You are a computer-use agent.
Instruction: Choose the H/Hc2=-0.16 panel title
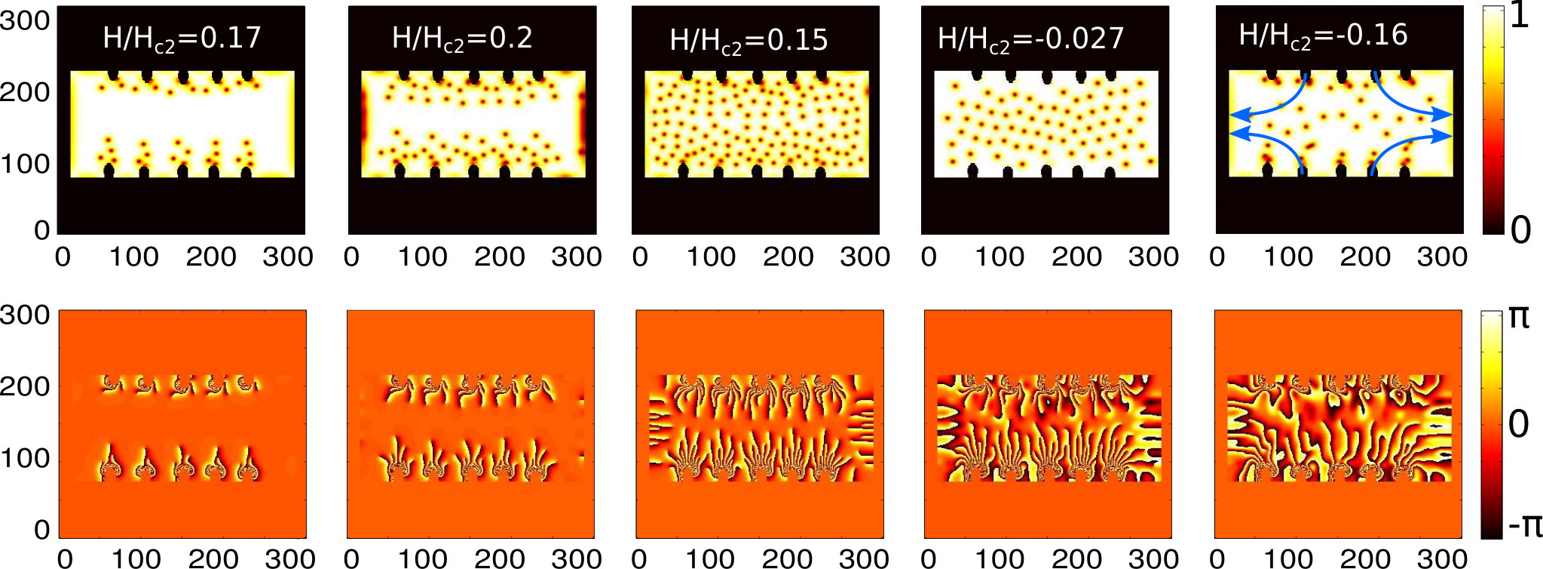(1323, 36)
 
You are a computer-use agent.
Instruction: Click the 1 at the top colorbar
(1520, 16)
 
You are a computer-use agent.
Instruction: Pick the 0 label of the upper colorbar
(1521, 229)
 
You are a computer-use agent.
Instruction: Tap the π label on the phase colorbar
(1519, 318)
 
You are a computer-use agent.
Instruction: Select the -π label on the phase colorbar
(1524, 524)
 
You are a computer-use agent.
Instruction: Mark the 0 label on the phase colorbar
(1519, 424)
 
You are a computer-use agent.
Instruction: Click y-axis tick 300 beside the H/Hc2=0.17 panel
(25, 20)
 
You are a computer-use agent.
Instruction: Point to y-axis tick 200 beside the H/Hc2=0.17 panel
(25, 92)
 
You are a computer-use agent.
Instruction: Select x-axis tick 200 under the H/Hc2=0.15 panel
(788, 257)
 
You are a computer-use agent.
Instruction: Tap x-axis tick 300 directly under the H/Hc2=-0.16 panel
(1441, 257)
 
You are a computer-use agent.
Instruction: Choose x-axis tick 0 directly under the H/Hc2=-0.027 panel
(929, 257)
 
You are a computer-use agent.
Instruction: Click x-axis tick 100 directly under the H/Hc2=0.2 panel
(422, 257)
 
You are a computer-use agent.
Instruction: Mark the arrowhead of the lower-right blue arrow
(1442, 136)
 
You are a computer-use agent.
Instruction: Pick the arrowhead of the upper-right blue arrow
(1442, 115)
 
